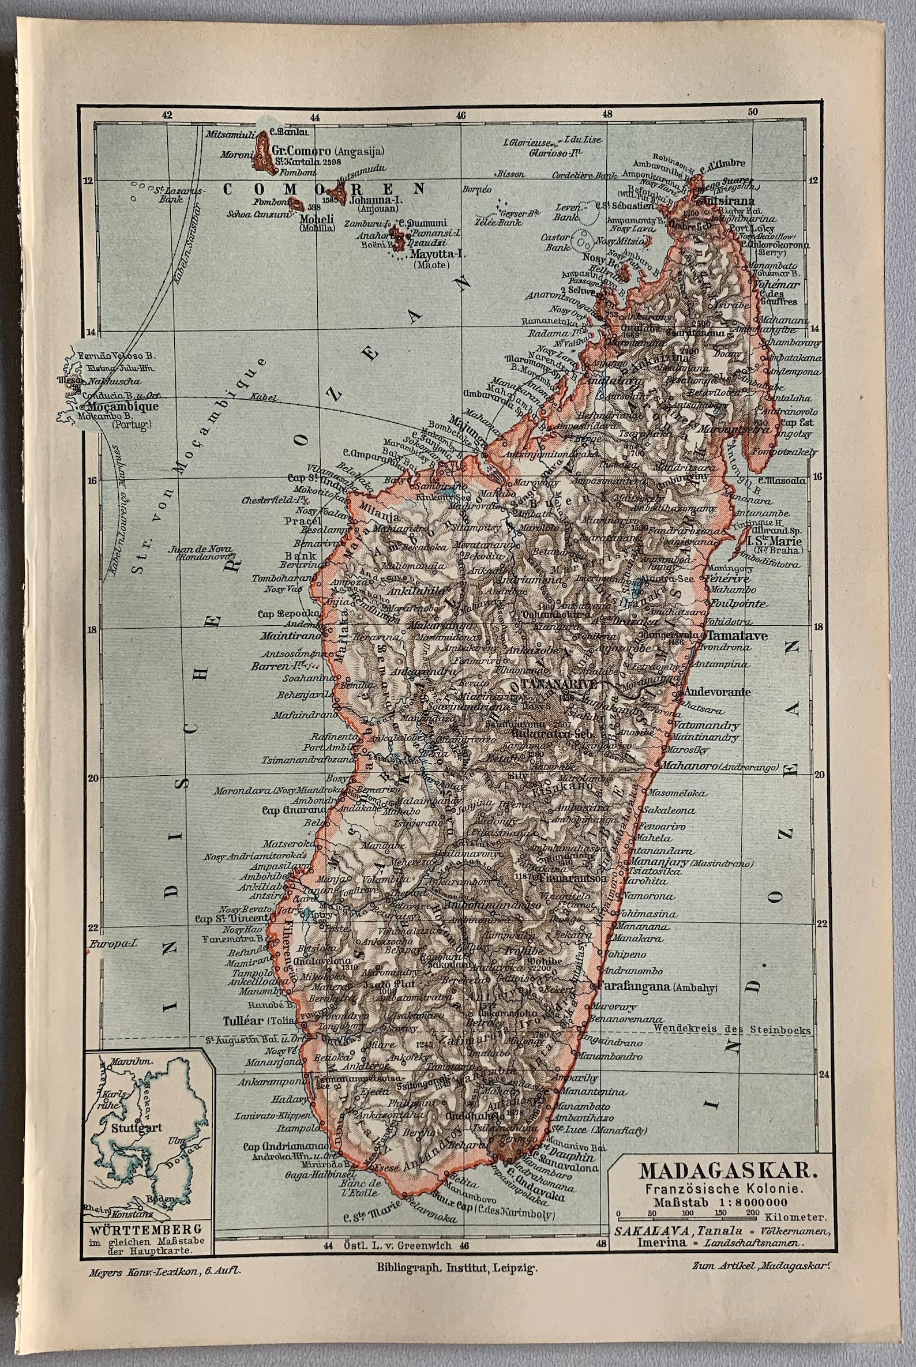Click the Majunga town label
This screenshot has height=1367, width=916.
[x=464, y=419]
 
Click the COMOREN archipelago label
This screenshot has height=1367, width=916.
[x=324, y=189]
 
